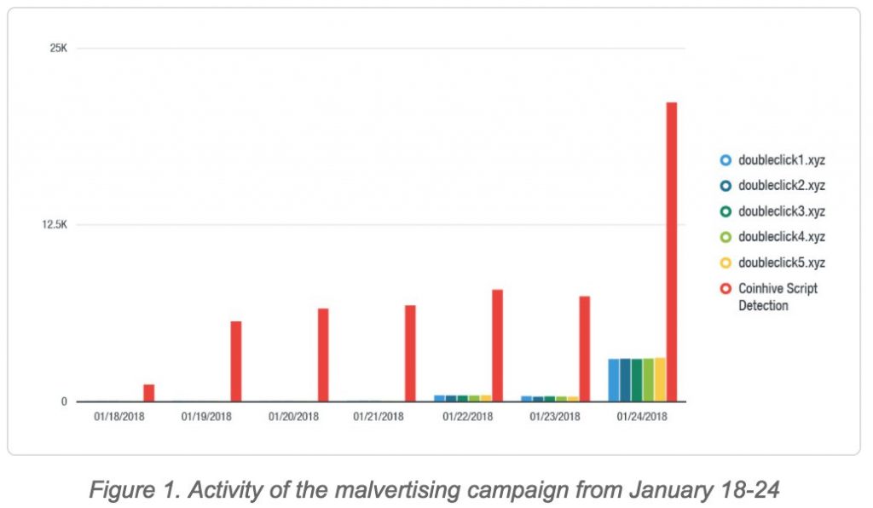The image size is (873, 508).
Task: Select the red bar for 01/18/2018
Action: tap(148, 393)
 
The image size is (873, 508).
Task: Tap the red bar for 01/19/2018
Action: tap(236, 361)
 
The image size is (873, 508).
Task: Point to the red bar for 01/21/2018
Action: tap(410, 353)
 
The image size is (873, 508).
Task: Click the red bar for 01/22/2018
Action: tap(497, 345)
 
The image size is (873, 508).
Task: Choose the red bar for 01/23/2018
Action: tap(584, 349)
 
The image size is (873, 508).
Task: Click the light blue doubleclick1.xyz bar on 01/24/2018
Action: tap(614, 380)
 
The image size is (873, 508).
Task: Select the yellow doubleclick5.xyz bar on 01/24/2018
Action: tap(660, 380)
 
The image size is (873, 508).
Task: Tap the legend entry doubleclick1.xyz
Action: tap(781, 159)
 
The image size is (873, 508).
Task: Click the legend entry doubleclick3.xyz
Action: tap(781, 211)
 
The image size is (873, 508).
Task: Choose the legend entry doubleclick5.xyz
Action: tap(781, 263)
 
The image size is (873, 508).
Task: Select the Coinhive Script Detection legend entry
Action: tap(777, 297)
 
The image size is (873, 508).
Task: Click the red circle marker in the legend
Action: tap(726, 289)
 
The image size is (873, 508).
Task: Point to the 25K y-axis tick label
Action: tap(58, 48)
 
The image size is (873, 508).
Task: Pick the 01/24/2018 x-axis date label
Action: tap(642, 417)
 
